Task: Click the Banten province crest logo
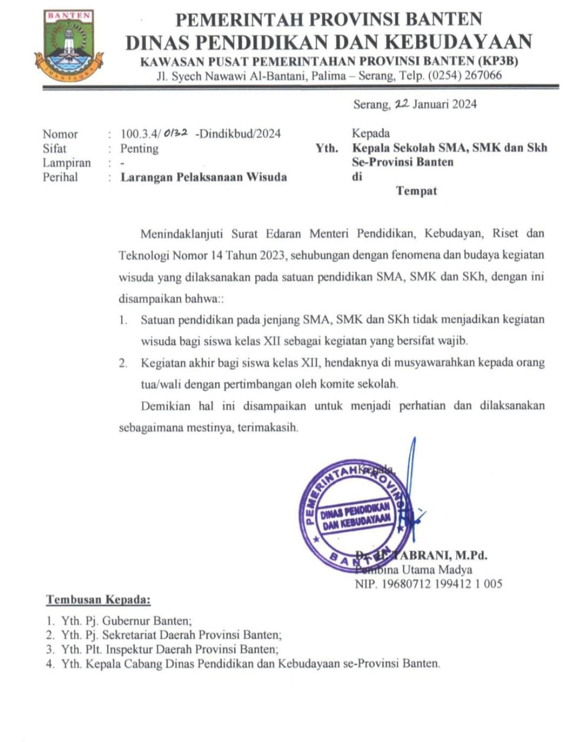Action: click(69, 46)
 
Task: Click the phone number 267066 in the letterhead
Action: click(483, 75)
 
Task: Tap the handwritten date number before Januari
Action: click(402, 104)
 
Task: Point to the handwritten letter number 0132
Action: click(175, 133)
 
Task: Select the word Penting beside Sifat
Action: click(140, 149)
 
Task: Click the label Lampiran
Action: click(67, 163)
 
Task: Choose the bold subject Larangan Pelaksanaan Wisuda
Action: click(203, 177)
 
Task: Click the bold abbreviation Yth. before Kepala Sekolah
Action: click(327, 148)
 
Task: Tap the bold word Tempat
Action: click(416, 191)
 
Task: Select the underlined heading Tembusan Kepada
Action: click(98, 599)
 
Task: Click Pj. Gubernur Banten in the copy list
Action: click(138, 621)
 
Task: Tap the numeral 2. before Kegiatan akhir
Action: click(123, 363)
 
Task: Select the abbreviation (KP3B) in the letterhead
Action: click(499, 61)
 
